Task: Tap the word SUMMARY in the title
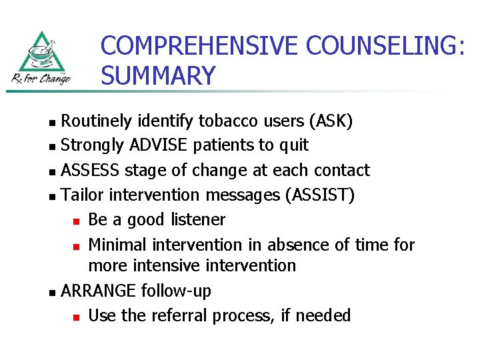(159, 75)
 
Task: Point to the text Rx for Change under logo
(41, 78)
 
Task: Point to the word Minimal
(121, 245)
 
